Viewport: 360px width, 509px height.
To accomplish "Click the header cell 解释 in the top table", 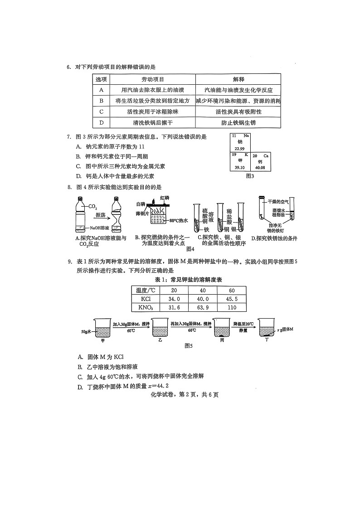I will (238, 79).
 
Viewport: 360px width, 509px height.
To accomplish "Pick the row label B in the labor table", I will (102, 101).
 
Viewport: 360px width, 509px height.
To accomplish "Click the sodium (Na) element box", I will (240, 142).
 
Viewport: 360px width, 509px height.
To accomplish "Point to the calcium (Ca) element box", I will (261, 161).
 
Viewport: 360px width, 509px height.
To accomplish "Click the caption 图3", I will (250, 176).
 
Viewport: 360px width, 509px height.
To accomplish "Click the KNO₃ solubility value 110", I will (232, 308).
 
